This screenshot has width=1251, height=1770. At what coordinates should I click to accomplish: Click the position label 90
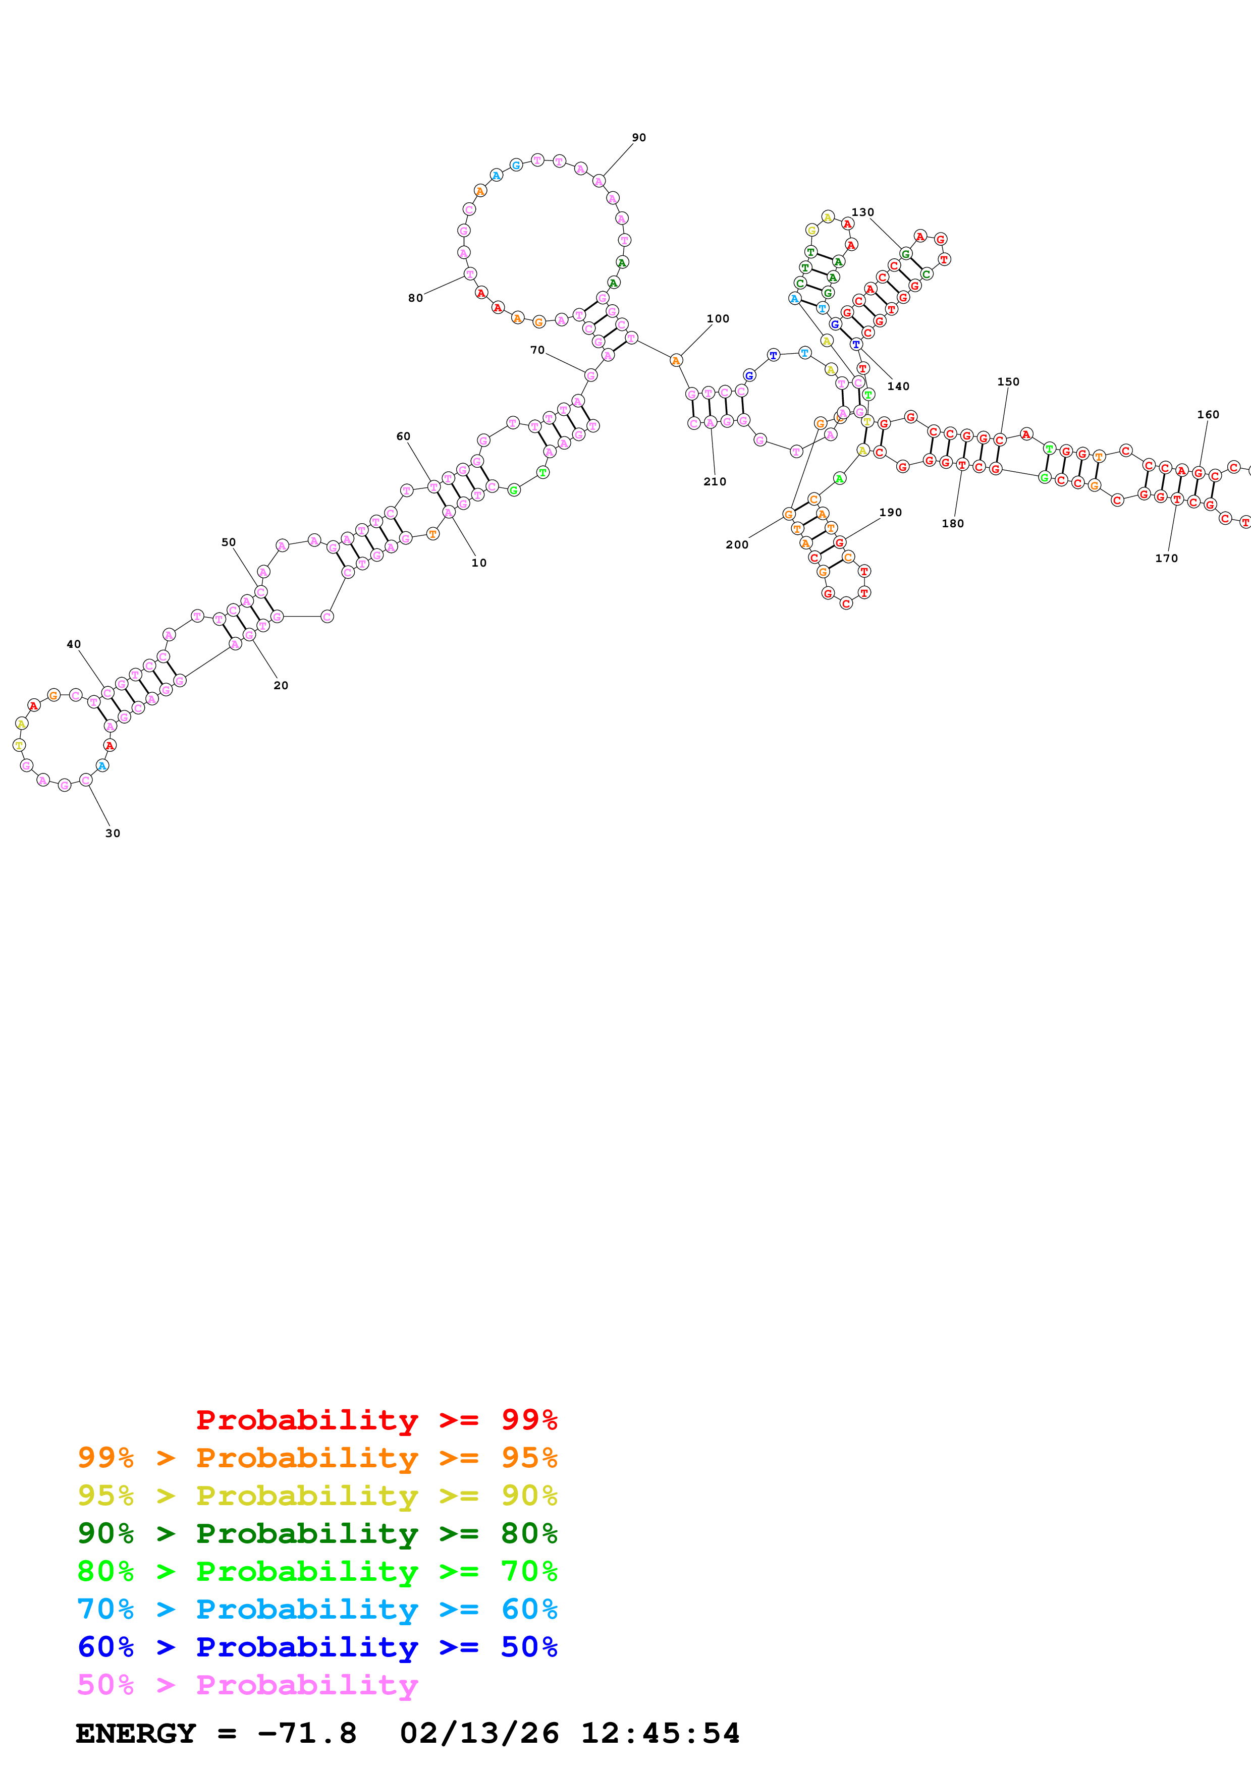(638, 138)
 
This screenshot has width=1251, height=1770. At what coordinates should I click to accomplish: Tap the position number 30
(113, 834)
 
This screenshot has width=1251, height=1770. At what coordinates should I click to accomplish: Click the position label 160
(1207, 415)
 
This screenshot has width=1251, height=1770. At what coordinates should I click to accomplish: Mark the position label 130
(862, 212)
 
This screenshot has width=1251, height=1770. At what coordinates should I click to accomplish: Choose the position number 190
(890, 513)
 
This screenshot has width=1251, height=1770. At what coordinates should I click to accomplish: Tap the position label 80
(415, 298)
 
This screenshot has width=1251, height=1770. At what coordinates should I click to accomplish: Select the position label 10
(479, 563)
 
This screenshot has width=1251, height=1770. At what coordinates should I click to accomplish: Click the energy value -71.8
(307, 1734)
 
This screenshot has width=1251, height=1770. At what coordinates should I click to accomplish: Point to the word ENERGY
(136, 1734)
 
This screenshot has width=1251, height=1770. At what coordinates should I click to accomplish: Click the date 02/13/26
(479, 1734)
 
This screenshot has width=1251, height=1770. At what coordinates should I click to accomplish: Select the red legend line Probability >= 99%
(376, 1419)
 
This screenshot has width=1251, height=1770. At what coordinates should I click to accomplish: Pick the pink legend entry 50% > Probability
(247, 1684)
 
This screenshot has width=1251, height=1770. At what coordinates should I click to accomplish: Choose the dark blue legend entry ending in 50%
(317, 1647)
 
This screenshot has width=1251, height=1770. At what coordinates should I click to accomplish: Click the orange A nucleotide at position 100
(675, 361)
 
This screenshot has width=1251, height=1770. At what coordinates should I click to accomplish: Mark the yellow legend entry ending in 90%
(317, 1496)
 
